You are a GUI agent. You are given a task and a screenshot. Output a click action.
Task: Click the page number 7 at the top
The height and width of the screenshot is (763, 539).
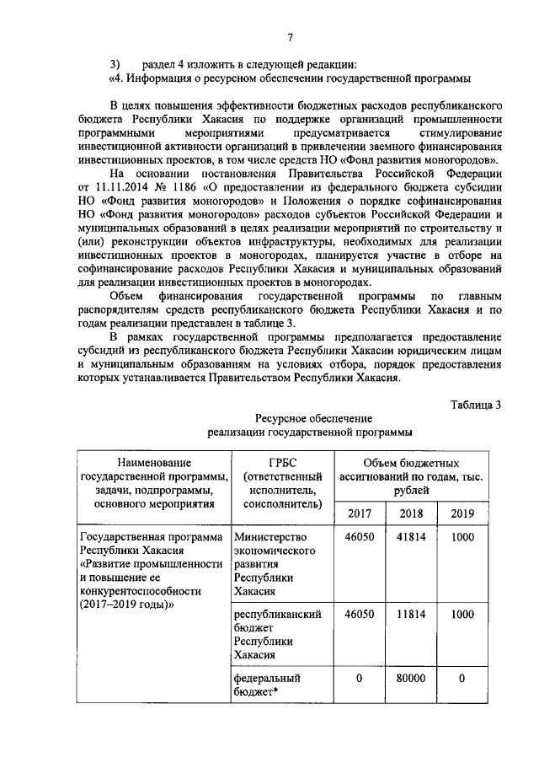pyautogui.click(x=290, y=37)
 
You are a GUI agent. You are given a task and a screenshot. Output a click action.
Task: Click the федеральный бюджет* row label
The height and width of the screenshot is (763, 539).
pyautogui.click(x=268, y=684)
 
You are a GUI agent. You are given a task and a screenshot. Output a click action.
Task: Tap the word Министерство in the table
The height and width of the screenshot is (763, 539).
pyautogui.click(x=271, y=537)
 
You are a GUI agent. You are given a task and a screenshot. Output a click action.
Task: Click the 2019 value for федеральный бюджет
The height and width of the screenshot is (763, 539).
pyautogui.click(x=462, y=677)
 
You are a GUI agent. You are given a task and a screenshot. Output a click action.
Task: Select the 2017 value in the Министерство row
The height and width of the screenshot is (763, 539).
pyautogui.click(x=359, y=537)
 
